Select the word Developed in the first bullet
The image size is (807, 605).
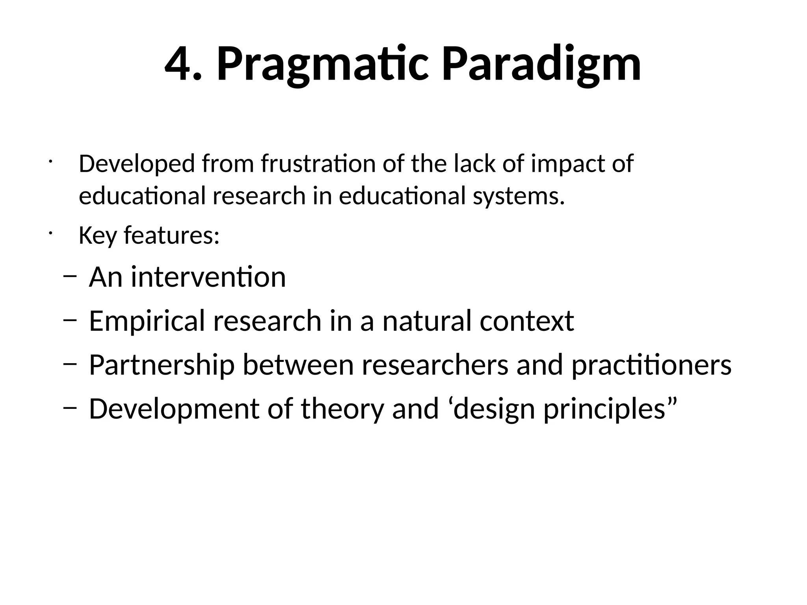point(136,164)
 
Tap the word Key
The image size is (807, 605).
point(97,236)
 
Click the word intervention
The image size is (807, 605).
point(208,277)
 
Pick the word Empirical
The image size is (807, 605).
point(147,321)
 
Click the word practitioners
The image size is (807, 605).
point(651,365)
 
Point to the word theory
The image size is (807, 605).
point(342,409)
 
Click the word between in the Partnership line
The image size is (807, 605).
point(298,365)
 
